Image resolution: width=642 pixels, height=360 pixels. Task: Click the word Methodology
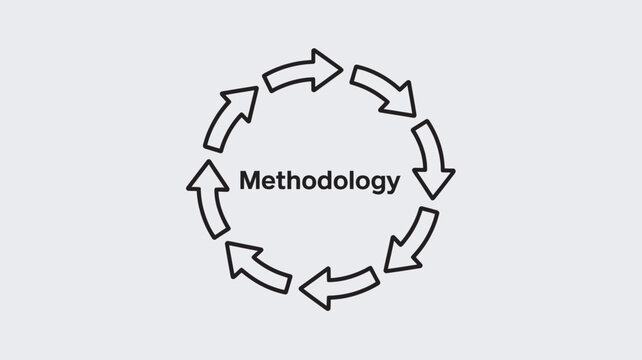[x=320, y=181]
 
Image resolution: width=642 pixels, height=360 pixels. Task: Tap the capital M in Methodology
[x=250, y=181]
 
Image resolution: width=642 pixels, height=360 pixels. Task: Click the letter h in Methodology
[x=298, y=181]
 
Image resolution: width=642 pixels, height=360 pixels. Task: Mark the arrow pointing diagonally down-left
[x=412, y=240]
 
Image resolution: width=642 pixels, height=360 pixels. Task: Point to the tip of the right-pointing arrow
[x=341, y=68]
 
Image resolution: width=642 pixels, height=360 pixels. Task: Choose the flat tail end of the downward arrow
[x=424, y=124]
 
